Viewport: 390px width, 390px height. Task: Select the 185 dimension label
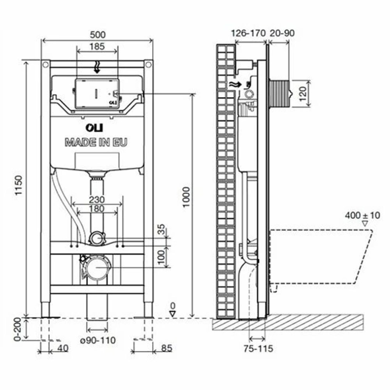[x=96, y=46]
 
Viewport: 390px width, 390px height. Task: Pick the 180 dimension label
[x=96, y=209]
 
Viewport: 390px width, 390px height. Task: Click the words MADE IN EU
[x=96, y=142]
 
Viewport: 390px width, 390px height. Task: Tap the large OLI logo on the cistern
[x=96, y=129]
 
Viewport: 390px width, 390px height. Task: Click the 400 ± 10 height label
[x=362, y=215]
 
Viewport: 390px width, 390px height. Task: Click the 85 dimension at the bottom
[x=166, y=347]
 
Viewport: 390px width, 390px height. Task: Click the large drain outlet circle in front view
[x=97, y=267]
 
